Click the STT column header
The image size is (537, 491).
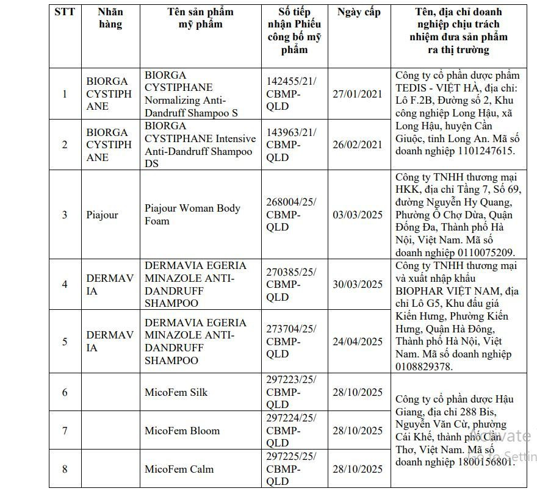65,12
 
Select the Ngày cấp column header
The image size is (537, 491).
358,12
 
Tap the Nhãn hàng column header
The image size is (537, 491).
110,18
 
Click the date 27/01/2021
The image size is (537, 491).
358,94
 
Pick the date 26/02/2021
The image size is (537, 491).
358,145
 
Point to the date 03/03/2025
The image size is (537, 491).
358,215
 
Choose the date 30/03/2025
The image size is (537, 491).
358,285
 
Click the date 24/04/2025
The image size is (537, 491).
358,342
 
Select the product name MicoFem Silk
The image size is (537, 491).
176,392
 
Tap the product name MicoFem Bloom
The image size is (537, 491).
182,431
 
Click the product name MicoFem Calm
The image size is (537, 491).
178,469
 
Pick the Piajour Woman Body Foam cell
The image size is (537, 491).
192,214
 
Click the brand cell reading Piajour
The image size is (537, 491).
102,215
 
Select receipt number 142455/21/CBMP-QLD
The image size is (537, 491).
291,93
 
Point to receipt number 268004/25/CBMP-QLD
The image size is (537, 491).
291,215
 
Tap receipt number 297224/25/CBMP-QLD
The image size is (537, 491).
291,431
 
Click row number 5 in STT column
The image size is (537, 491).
65,342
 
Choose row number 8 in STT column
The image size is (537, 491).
65,469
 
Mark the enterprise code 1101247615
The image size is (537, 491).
485,151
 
